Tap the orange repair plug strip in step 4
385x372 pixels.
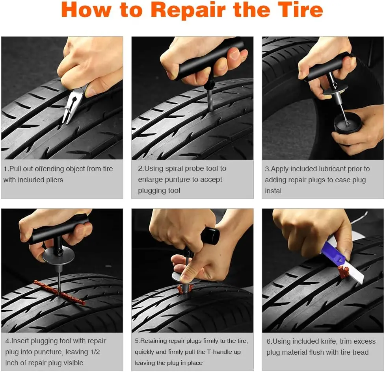(59, 292)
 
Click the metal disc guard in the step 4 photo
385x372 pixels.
(58, 255)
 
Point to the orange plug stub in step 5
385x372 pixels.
(184, 289)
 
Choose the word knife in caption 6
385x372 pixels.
(330, 341)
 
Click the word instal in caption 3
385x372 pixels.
(273, 191)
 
